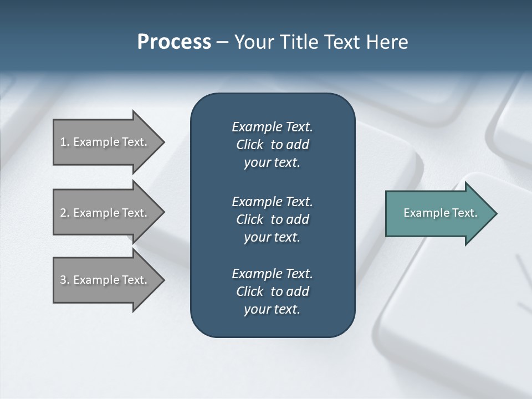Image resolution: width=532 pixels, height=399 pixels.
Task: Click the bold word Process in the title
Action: (x=174, y=42)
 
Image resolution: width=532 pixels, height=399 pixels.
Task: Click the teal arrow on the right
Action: (x=438, y=213)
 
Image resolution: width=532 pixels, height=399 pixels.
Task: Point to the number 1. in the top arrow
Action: (x=65, y=142)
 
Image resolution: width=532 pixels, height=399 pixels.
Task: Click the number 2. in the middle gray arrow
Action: (x=65, y=213)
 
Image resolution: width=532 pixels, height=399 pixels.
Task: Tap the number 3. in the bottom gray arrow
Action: (x=65, y=280)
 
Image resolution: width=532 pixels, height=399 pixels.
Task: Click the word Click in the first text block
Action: (x=250, y=145)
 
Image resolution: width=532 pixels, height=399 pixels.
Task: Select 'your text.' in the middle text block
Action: (x=272, y=237)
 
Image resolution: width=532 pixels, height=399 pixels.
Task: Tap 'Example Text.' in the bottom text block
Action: (x=272, y=274)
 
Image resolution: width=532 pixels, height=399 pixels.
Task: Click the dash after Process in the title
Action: (x=222, y=42)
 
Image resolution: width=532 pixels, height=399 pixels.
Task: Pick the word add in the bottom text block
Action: (x=298, y=291)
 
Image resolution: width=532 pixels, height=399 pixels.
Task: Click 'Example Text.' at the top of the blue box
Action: (x=272, y=127)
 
